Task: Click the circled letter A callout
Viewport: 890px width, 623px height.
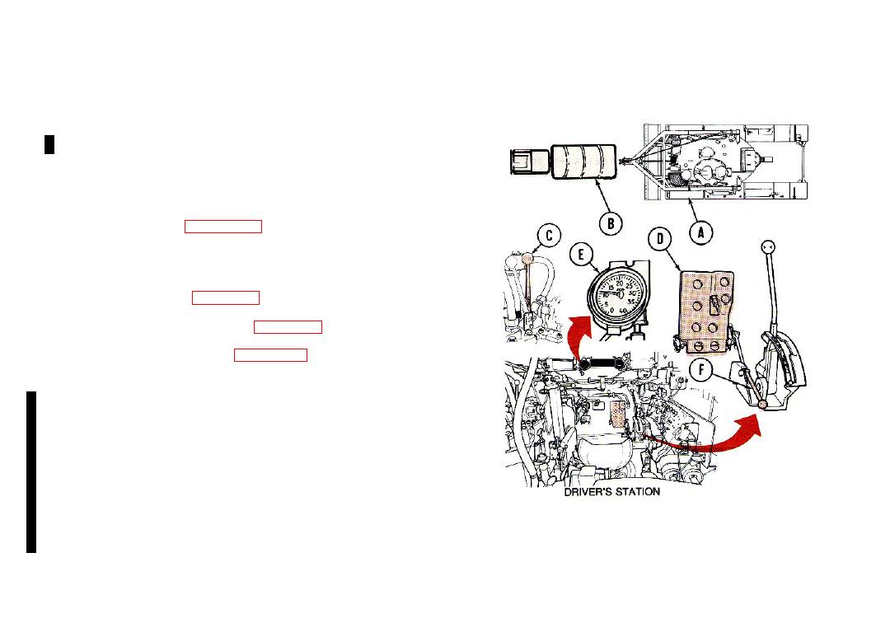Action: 701,232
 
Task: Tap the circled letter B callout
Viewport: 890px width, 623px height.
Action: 611,223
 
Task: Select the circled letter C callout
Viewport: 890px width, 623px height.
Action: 549,236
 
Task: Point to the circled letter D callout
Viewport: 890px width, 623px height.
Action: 660,239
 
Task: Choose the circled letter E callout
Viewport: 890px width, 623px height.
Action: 581,255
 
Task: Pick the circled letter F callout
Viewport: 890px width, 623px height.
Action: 701,370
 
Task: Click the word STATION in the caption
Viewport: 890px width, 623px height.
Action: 639,492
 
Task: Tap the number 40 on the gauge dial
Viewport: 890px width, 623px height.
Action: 623,311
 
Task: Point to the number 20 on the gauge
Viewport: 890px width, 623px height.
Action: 620,283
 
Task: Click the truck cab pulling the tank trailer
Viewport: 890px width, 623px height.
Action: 530,162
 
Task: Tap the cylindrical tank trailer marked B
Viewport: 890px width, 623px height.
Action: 583,162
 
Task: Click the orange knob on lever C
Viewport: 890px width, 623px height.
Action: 130,259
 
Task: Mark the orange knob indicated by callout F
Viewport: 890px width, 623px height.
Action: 762,404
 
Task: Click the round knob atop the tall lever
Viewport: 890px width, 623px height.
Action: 767,247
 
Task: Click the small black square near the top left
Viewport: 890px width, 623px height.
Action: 49,145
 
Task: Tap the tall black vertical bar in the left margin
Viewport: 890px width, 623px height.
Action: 31,471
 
